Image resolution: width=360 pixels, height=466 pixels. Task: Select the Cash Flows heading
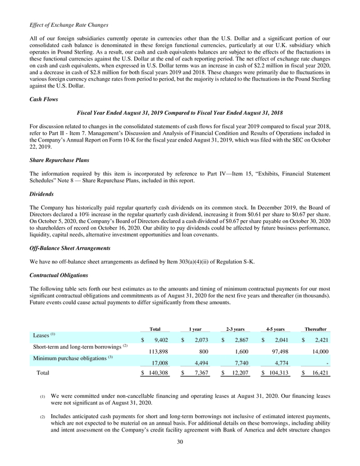(x=43, y=100)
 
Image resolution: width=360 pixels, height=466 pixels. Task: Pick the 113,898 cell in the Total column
(x=157, y=351)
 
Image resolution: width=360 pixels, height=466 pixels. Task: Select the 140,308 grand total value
(x=157, y=373)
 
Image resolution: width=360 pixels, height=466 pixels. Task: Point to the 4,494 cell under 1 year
(x=200, y=362)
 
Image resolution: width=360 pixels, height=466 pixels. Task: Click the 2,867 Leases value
(x=241, y=340)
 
